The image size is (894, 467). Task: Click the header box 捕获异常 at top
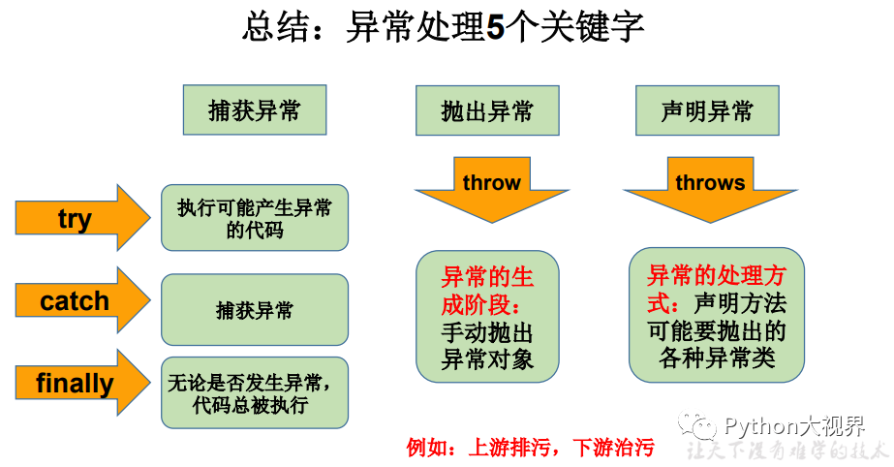tap(255, 109)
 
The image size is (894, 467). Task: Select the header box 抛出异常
tap(487, 110)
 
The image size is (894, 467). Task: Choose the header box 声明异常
tap(707, 110)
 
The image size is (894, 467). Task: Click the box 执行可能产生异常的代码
tap(255, 218)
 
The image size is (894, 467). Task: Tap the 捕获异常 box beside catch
tap(255, 310)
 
